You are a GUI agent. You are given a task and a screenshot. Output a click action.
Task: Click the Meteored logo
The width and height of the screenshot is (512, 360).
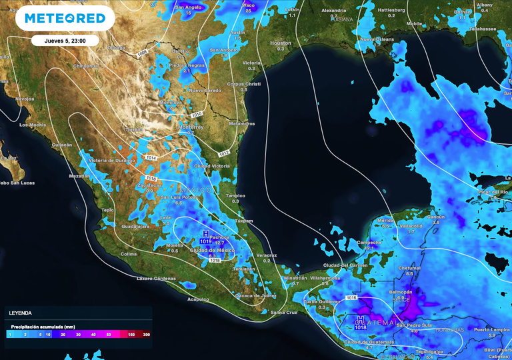tap(65, 18)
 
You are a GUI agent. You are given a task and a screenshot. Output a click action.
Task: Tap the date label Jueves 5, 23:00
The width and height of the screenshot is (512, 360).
tap(65, 40)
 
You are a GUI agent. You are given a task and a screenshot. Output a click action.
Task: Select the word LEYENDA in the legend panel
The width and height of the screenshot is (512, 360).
tap(20, 312)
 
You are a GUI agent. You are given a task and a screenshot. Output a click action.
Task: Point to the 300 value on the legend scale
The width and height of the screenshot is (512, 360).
tap(145, 334)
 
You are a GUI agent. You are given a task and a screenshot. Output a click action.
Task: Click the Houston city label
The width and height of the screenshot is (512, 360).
tap(280, 43)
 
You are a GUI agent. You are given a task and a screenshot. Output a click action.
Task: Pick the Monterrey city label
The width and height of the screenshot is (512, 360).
tap(190, 127)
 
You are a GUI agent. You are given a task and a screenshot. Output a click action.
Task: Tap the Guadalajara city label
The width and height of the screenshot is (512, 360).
tap(135, 227)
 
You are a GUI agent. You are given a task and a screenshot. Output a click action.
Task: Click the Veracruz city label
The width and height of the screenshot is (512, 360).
tap(267, 255)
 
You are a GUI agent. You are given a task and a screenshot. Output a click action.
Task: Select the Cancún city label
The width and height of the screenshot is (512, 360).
tap(435, 217)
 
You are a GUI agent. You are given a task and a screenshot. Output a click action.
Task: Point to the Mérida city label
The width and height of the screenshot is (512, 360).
tap(385, 220)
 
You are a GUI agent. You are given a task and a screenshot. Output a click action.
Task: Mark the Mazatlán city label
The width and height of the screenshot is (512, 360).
tap(79, 176)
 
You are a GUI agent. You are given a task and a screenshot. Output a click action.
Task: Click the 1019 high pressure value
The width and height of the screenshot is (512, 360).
tap(205, 240)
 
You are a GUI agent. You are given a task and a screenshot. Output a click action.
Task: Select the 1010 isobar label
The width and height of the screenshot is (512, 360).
tap(196, 114)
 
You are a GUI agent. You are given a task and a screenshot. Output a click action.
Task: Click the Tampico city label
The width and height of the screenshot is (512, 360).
tap(236, 195)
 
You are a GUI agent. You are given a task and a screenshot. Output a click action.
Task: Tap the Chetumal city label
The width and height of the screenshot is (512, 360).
tap(410, 268)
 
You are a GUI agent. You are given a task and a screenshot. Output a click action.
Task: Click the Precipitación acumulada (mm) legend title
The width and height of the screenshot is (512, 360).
tap(42, 326)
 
